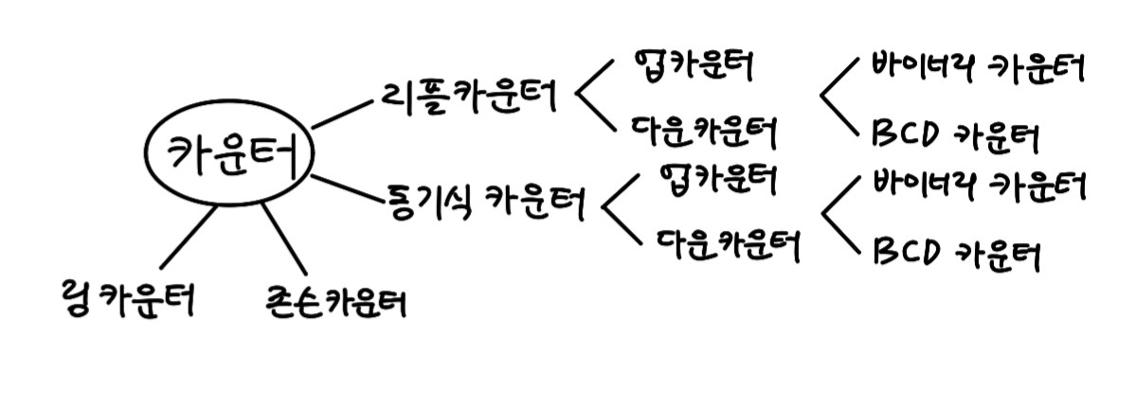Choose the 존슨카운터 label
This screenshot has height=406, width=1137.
pos(335,302)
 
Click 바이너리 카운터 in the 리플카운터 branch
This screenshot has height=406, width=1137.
pos(976,69)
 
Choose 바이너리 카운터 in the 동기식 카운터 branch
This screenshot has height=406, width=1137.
pos(976,185)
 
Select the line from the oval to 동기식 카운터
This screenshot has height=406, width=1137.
pos(346,187)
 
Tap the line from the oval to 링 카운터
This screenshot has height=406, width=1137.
pos(188,238)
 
